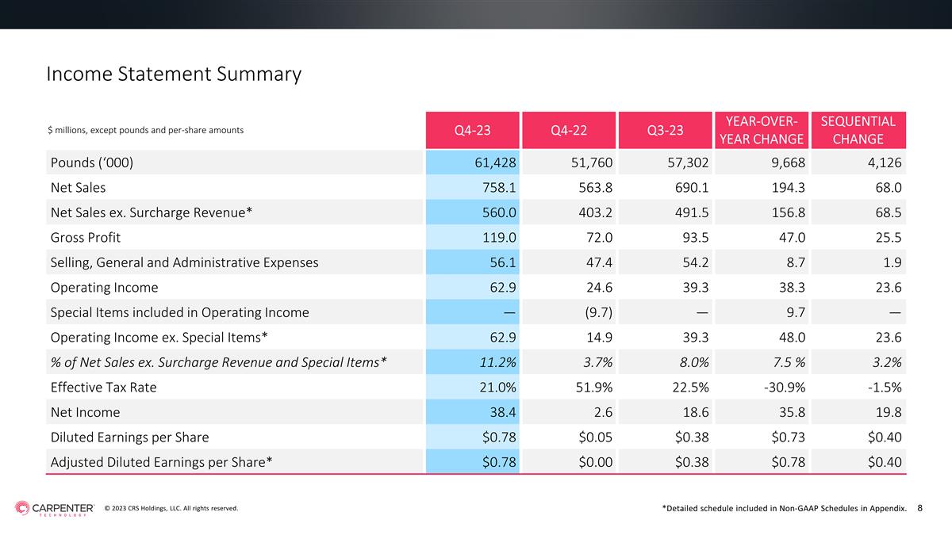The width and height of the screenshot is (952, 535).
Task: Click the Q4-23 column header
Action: tap(472, 130)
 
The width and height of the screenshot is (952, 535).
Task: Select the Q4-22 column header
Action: tap(569, 130)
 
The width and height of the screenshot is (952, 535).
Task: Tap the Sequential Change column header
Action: tap(858, 130)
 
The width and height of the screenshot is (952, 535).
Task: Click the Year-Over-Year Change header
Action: tap(761, 130)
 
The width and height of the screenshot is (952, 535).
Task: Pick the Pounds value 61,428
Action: tap(495, 162)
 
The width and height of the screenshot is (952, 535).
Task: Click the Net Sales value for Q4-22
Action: tap(596, 188)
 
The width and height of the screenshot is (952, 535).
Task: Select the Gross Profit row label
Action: tap(86, 237)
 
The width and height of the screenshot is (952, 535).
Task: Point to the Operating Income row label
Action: tap(104, 288)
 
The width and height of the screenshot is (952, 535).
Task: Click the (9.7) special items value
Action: tap(598, 312)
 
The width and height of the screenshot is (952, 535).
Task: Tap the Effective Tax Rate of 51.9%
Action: tap(594, 388)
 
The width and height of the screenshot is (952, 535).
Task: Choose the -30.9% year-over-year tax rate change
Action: tap(784, 388)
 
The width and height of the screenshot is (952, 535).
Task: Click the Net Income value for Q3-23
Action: tap(696, 412)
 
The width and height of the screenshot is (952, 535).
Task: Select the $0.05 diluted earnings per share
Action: tap(596, 437)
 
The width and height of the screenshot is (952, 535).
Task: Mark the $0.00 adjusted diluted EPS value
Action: tap(596, 462)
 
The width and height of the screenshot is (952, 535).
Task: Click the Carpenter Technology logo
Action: tap(55, 508)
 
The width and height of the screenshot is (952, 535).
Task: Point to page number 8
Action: tap(919, 508)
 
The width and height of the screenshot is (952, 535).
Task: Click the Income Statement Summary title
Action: tap(174, 74)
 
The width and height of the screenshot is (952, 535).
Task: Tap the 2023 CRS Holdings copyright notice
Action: tap(171, 508)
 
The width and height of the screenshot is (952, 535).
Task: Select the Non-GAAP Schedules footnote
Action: tap(785, 508)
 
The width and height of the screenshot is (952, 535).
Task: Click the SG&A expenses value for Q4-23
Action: tap(503, 262)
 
